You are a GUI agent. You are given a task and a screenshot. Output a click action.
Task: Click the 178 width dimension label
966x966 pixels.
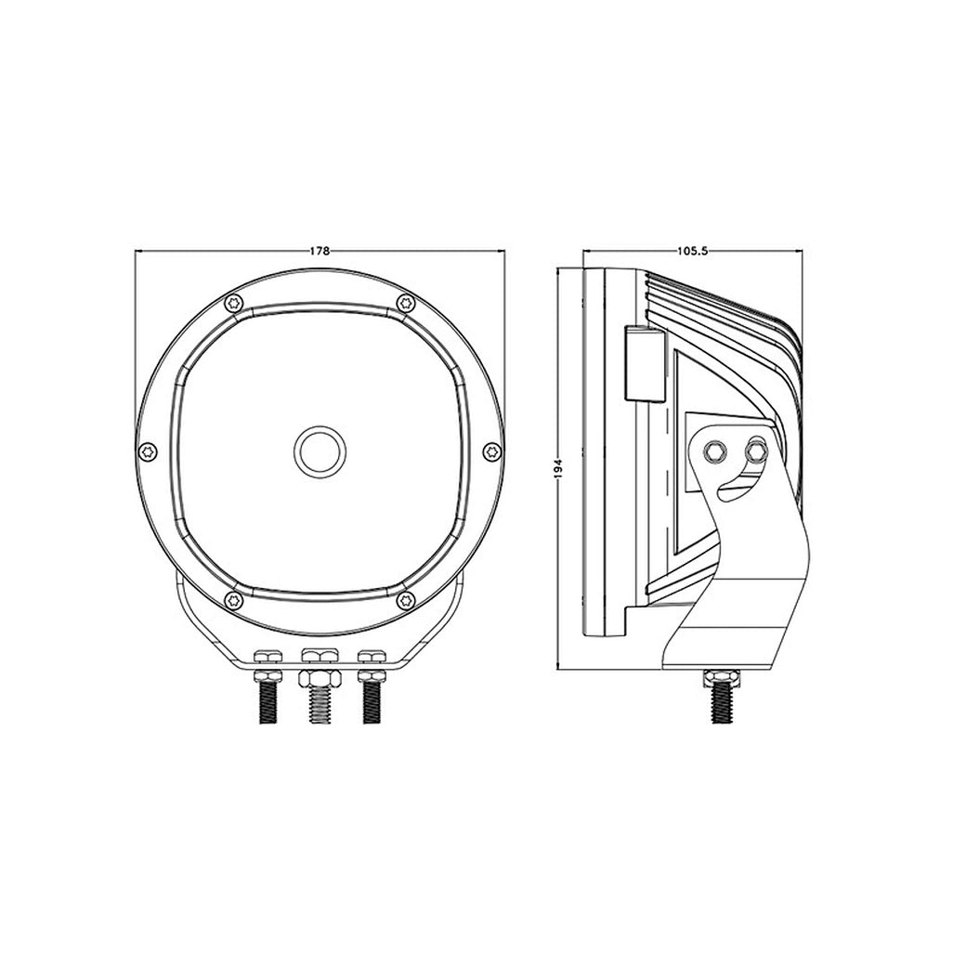click(x=320, y=251)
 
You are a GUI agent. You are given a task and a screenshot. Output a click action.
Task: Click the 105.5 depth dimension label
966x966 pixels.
click(x=693, y=251)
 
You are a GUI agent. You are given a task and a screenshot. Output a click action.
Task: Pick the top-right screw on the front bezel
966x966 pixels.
click(x=405, y=303)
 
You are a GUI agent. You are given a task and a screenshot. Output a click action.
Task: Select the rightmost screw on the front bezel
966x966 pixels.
click(x=492, y=451)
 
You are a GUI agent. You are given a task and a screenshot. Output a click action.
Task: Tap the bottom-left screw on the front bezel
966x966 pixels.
click(x=233, y=599)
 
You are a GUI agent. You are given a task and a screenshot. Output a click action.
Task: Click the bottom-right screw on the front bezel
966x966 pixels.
click(x=405, y=599)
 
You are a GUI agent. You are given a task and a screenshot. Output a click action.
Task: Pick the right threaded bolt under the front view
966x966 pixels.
click(x=372, y=703)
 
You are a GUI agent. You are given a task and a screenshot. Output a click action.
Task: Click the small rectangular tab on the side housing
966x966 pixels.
click(x=641, y=364)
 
